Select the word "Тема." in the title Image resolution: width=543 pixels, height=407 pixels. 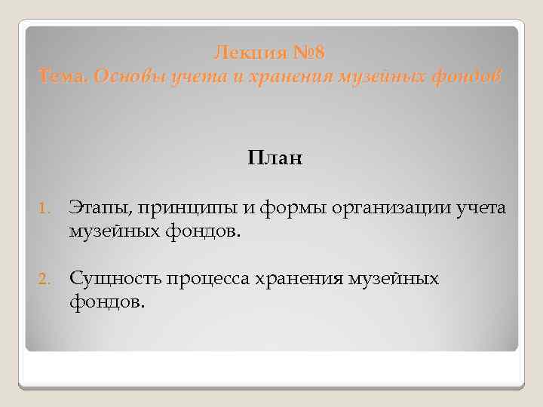tap(64, 76)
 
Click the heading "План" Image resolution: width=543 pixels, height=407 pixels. tap(273, 158)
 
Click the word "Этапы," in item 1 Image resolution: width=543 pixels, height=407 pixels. tap(100, 207)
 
